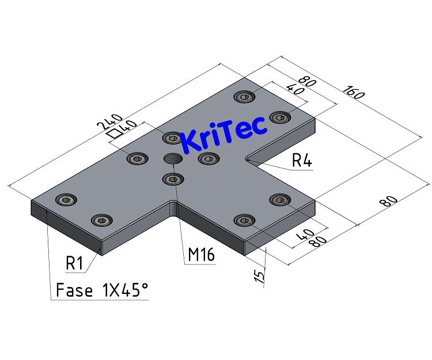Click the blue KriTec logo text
pos(224,135)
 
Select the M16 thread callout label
pos(201,254)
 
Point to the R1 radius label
pos(75,264)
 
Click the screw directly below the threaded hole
pos(172,180)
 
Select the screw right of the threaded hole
pos(208,158)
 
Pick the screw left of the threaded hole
pos(136,158)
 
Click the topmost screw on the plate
pos(244,96)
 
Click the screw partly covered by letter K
pos(172,138)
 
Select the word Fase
pos(74,290)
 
